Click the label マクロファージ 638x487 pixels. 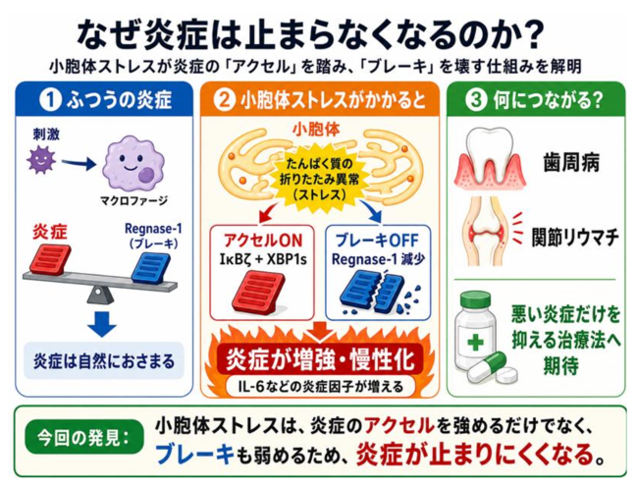(x=133, y=200)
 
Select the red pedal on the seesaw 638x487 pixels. (x=50, y=259)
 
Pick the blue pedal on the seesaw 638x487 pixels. (x=151, y=267)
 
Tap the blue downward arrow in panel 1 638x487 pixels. (x=102, y=324)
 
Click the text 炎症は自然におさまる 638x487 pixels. (x=104, y=361)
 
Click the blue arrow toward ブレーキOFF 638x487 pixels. (x=371, y=211)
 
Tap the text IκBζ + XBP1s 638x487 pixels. (x=263, y=259)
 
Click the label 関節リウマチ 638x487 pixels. (x=575, y=238)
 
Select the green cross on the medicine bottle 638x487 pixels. (x=475, y=342)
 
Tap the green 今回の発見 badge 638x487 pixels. (x=84, y=438)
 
